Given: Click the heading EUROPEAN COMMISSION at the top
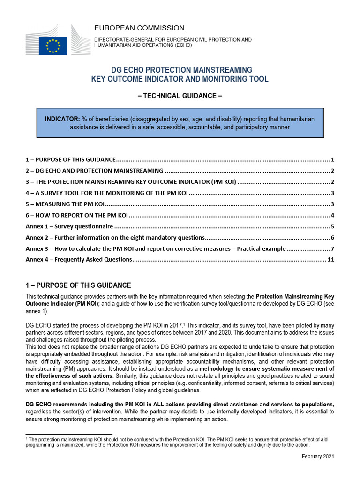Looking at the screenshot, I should tap(140, 28).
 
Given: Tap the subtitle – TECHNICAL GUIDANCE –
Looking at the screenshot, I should tap(180, 96).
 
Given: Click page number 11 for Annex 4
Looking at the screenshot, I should tap(330, 259).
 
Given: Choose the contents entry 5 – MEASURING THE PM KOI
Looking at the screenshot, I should tap(64, 204).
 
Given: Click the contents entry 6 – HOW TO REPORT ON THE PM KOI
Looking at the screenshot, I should tap(76, 215).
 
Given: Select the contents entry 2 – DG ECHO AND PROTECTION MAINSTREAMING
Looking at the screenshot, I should tap(94, 171).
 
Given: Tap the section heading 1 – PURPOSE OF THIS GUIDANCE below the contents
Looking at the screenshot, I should tap(78, 285).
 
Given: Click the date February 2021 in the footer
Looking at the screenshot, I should tap(318, 456).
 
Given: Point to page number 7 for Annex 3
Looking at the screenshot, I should tap(332, 248).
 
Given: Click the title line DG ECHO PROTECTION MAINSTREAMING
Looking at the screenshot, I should tap(180, 69).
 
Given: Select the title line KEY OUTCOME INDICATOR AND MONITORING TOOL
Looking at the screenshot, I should tap(180, 79).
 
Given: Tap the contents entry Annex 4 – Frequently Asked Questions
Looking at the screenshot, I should tap(79, 259).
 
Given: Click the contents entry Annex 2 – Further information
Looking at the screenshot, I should tap(115, 237).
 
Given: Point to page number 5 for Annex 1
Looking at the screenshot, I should tap(332, 226).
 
